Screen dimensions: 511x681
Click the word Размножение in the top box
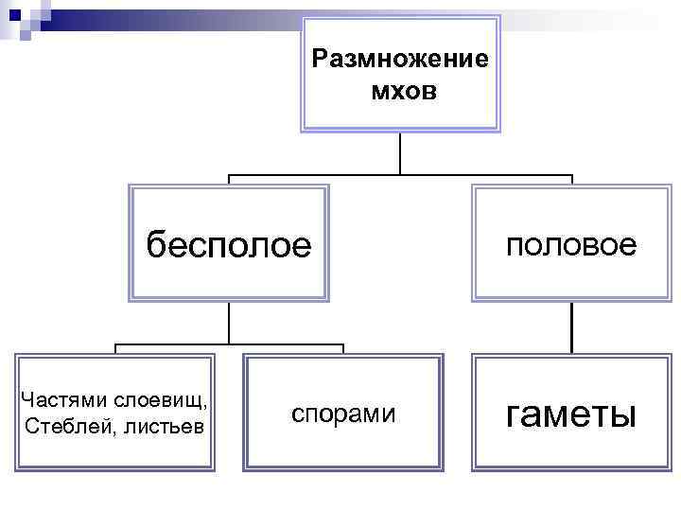400,60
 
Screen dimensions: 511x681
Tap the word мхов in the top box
400,92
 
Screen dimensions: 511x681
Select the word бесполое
228,246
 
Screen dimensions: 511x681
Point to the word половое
571,245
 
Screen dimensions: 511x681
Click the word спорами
343,414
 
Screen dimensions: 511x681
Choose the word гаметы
571,414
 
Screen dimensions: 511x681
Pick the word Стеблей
64,426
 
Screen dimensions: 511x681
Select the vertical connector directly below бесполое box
229,323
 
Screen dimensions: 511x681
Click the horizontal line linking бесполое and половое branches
400,176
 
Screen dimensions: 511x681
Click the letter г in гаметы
516,414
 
